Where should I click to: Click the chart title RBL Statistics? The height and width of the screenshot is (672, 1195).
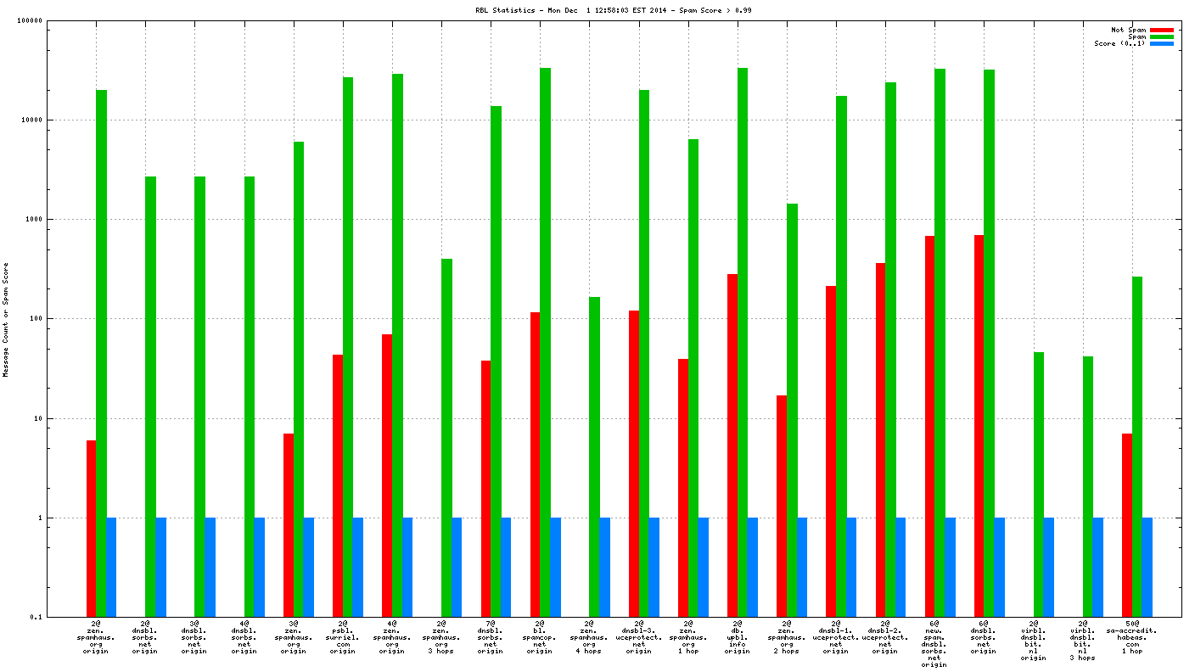pos(613,10)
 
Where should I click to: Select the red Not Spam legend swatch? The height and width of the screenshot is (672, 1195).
pos(1161,30)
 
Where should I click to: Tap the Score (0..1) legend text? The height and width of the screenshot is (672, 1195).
pos(1119,43)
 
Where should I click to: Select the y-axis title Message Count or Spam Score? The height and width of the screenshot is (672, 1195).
pos(6,319)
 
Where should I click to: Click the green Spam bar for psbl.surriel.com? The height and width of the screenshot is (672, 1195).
pos(348,339)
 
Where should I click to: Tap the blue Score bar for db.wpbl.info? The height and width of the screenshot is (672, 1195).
pos(752,567)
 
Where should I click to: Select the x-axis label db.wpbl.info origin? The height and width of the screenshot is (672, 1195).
pos(738,640)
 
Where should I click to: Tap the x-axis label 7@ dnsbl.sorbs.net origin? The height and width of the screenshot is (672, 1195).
pos(491,640)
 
